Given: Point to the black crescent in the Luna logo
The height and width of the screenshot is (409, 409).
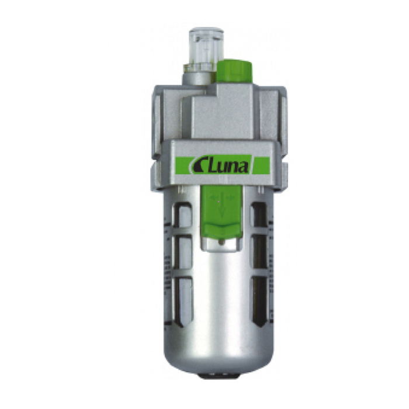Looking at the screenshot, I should [197, 166].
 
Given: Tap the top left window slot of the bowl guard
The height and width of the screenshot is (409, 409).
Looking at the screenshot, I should [183, 216].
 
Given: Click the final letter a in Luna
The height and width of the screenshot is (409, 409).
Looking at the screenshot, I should [244, 167].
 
